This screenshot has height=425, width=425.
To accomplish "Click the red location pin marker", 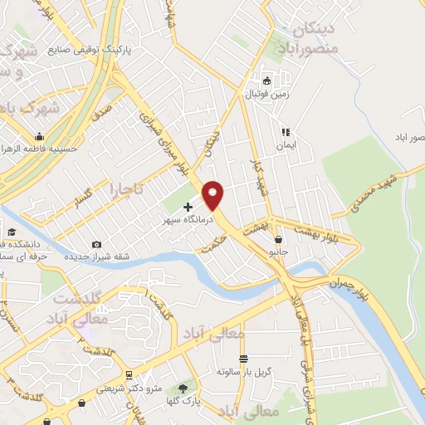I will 213,194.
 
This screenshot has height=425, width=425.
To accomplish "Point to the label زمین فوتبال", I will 263,95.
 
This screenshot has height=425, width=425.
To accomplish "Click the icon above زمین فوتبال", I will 266,81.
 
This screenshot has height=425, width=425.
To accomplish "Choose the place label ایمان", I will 286,144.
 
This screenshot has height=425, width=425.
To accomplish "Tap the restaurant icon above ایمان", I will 285,131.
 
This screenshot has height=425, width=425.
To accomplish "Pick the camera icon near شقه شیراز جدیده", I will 97,244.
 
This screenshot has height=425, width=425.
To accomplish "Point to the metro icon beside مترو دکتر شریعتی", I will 129,375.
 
